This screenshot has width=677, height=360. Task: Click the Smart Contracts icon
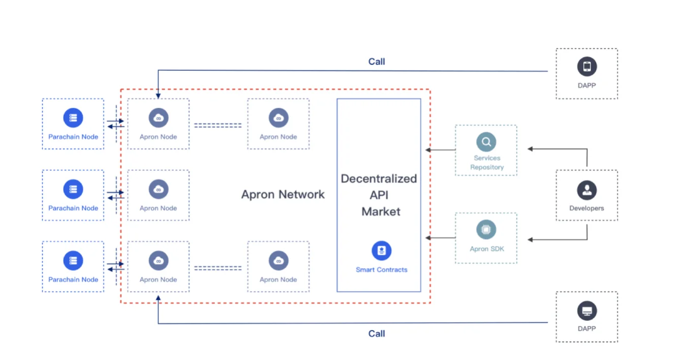coord(381,251)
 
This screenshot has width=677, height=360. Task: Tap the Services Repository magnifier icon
coord(486,142)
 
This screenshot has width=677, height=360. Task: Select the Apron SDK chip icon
coord(486,229)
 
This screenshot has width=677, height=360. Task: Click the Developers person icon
coord(587,190)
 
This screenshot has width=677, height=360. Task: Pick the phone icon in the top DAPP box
coord(587,67)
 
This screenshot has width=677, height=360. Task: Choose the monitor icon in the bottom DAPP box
coord(587,311)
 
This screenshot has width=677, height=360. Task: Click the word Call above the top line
coord(377,62)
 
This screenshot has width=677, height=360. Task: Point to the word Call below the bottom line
coord(377,334)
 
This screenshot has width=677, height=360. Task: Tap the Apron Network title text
coord(283,194)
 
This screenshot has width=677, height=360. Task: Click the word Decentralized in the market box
coord(379,178)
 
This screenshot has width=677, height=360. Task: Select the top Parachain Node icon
coord(73,117)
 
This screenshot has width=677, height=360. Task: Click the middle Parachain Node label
coord(73,208)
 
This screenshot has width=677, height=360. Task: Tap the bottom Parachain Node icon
coord(73,260)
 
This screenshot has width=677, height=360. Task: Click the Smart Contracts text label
coord(381,269)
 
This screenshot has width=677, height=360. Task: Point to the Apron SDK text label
coord(487,249)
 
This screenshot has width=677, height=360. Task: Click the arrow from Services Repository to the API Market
coord(440,149)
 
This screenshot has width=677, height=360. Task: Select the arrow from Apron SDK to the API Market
coord(440,238)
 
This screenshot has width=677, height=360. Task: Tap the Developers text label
coord(587,208)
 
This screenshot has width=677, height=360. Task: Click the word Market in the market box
coord(381,212)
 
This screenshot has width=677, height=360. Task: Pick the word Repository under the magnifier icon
coord(487,167)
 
